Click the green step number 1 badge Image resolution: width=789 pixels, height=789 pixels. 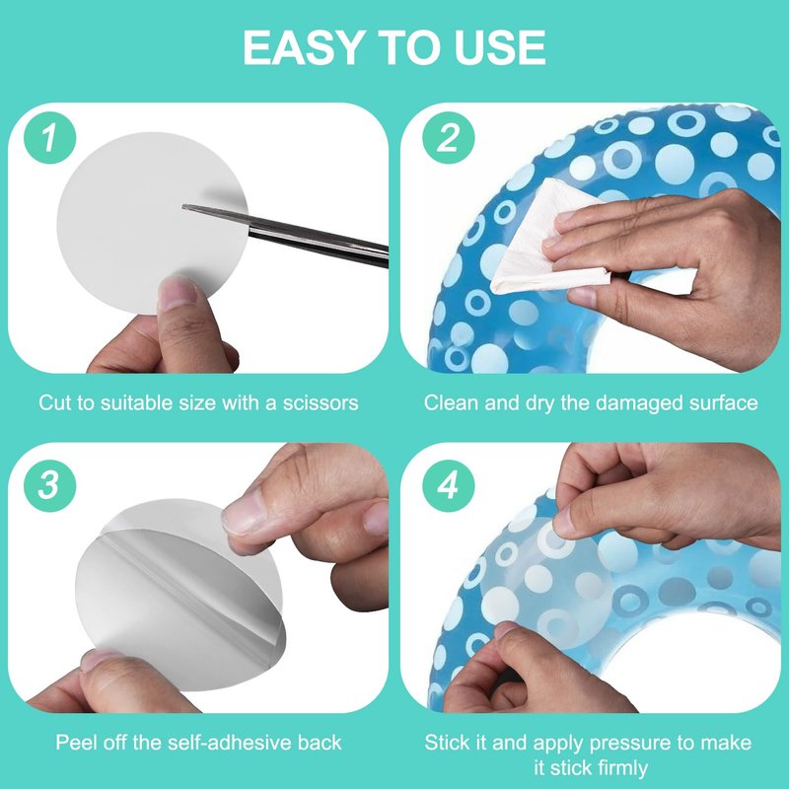pyautogui.click(x=49, y=137)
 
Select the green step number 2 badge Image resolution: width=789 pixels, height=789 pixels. pyautogui.click(x=448, y=137)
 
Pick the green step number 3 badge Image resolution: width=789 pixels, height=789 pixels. pyautogui.click(x=49, y=485)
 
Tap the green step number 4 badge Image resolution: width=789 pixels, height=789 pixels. pyautogui.click(x=448, y=485)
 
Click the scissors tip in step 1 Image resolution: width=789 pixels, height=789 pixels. pyautogui.click(x=183, y=206)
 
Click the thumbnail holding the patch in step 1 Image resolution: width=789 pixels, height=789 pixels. pyautogui.click(x=178, y=293)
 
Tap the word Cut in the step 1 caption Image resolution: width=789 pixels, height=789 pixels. pyautogui.click(x=53, y=402)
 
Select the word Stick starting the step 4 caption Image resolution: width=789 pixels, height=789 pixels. pyautogui.click(x=447, y=743)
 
